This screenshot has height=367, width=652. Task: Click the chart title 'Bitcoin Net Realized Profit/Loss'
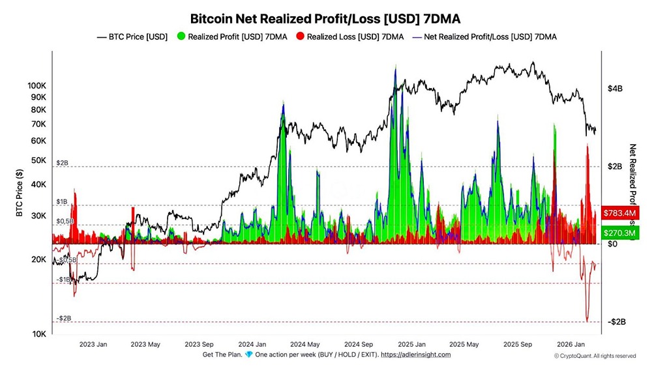pyautogui.click(x=325, y=18)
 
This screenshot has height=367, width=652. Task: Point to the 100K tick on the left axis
pyautogui.click(x=37, y=86)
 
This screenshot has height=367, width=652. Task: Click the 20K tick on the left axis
pyautogui.click(x=39, y=259)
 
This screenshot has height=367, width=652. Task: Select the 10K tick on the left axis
pyautogui.click(x=39, y=334)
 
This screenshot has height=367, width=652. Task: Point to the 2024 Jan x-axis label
pyautogui.click(x=252, y=344)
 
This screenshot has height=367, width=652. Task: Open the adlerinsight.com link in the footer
pyautogui.click(x=416, y=355)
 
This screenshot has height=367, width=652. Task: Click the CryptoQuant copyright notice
pyautogui.click(x=595, y=356)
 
